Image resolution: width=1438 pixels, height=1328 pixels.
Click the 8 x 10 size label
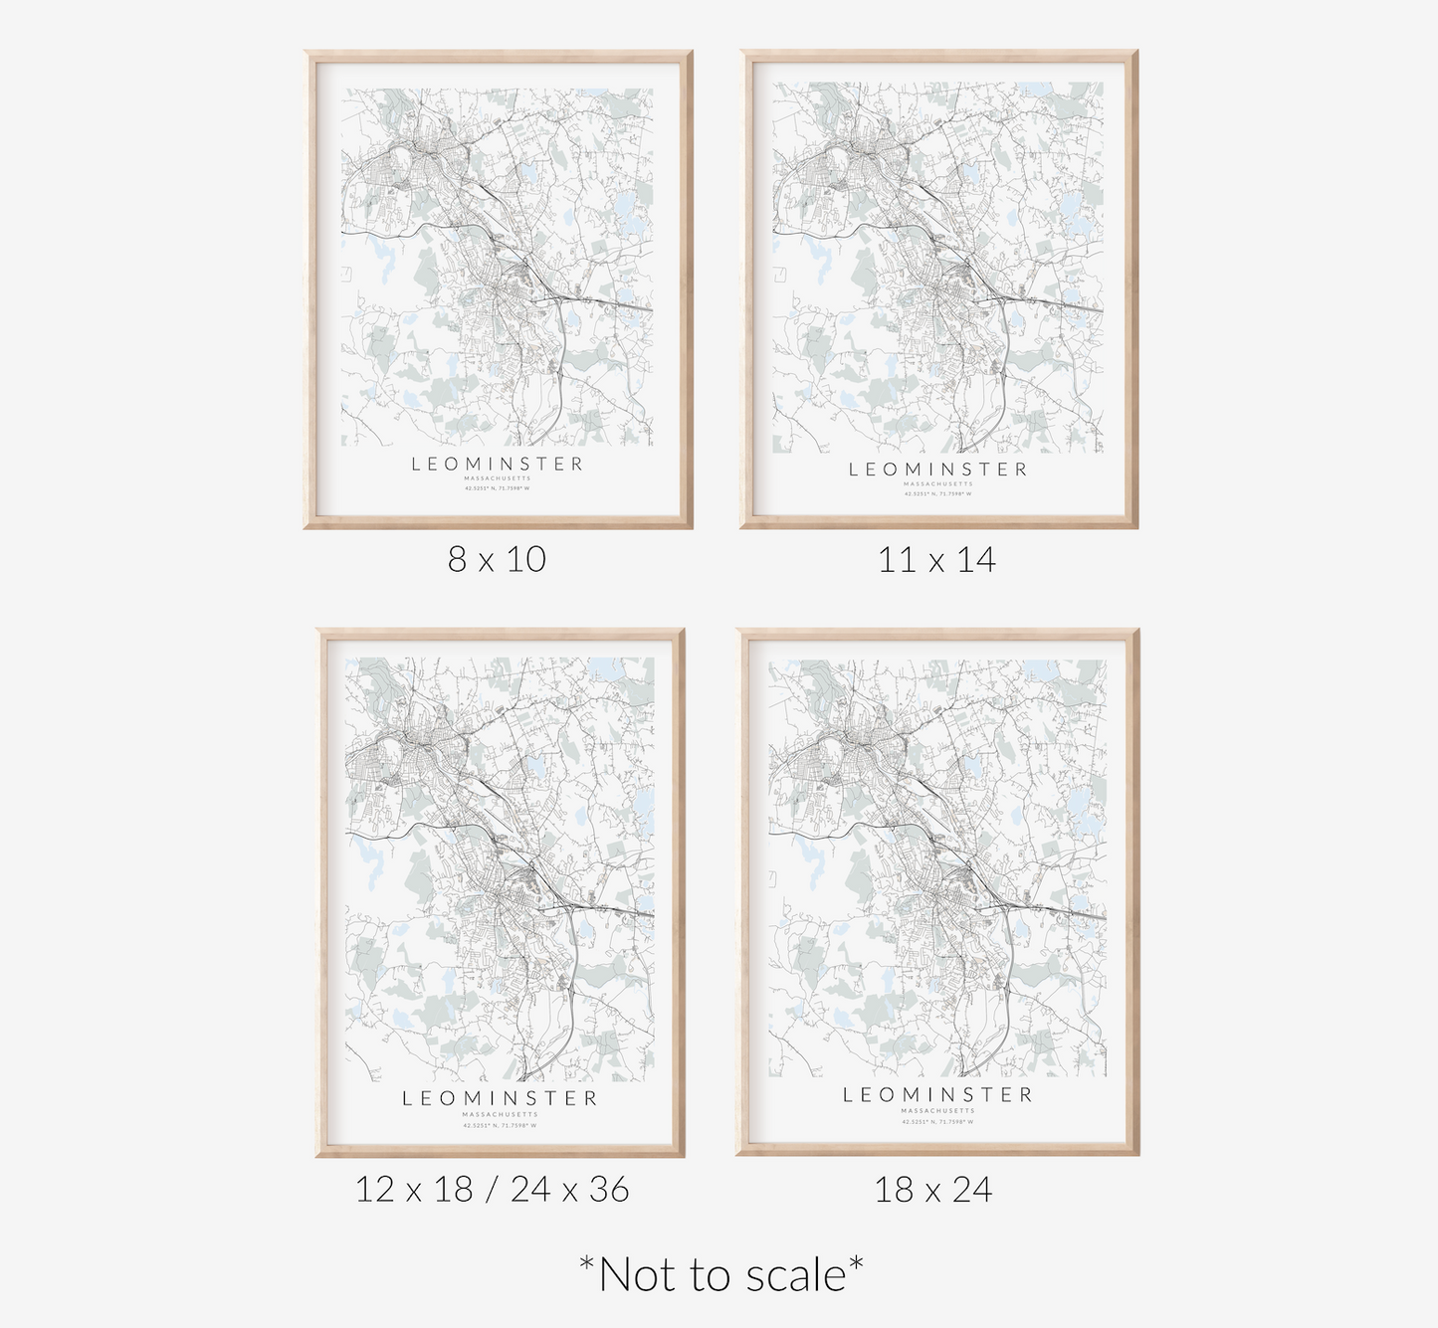497,559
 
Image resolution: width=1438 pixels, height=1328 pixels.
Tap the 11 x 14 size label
936,560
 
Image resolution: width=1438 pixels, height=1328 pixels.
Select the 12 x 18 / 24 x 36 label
493,1189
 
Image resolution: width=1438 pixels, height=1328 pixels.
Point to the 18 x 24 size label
933,1190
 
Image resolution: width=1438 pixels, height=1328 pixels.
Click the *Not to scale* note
720,1274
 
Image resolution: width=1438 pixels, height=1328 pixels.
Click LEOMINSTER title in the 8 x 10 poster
498,464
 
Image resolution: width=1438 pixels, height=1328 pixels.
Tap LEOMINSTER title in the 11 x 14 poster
937,470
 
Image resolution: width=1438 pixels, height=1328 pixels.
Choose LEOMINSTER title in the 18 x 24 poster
938,1095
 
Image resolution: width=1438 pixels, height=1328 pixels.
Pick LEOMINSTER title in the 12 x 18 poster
500,1099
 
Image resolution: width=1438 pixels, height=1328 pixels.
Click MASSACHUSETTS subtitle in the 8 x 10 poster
498,479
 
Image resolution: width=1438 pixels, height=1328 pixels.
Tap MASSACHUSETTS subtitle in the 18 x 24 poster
938,1111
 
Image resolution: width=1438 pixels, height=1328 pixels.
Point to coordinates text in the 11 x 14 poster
937,493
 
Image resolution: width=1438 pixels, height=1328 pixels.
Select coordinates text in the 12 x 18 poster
500,1125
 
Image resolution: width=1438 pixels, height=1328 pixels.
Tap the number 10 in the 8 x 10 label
526,559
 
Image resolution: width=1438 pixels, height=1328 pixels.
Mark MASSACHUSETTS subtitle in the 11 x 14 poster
937,484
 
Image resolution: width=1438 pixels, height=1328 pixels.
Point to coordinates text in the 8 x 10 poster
498,488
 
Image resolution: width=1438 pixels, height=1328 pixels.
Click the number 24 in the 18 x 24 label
970,1190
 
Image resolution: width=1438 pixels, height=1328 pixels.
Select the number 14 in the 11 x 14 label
974,560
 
